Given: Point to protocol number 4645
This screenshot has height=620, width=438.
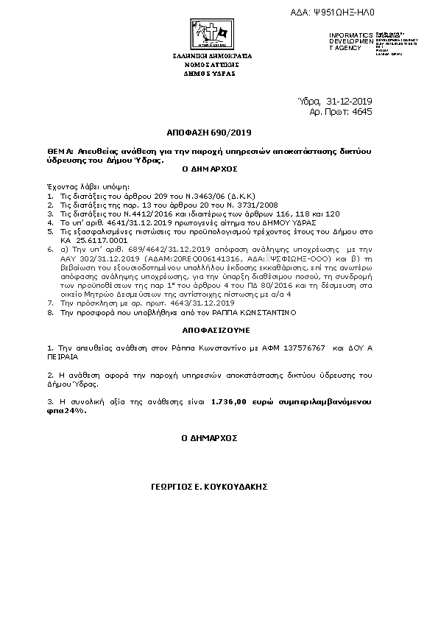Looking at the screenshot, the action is click(x=362, y=112).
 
